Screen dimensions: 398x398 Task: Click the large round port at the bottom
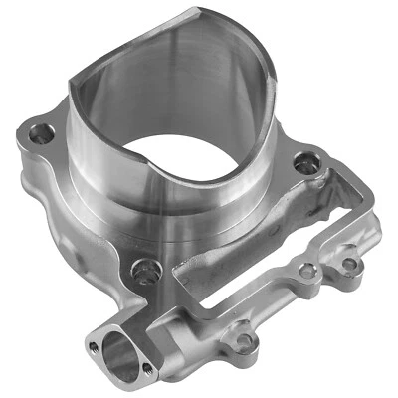pos(117,355)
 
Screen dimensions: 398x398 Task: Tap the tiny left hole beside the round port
pos(93,346)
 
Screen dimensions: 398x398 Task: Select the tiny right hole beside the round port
pos(148,370)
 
